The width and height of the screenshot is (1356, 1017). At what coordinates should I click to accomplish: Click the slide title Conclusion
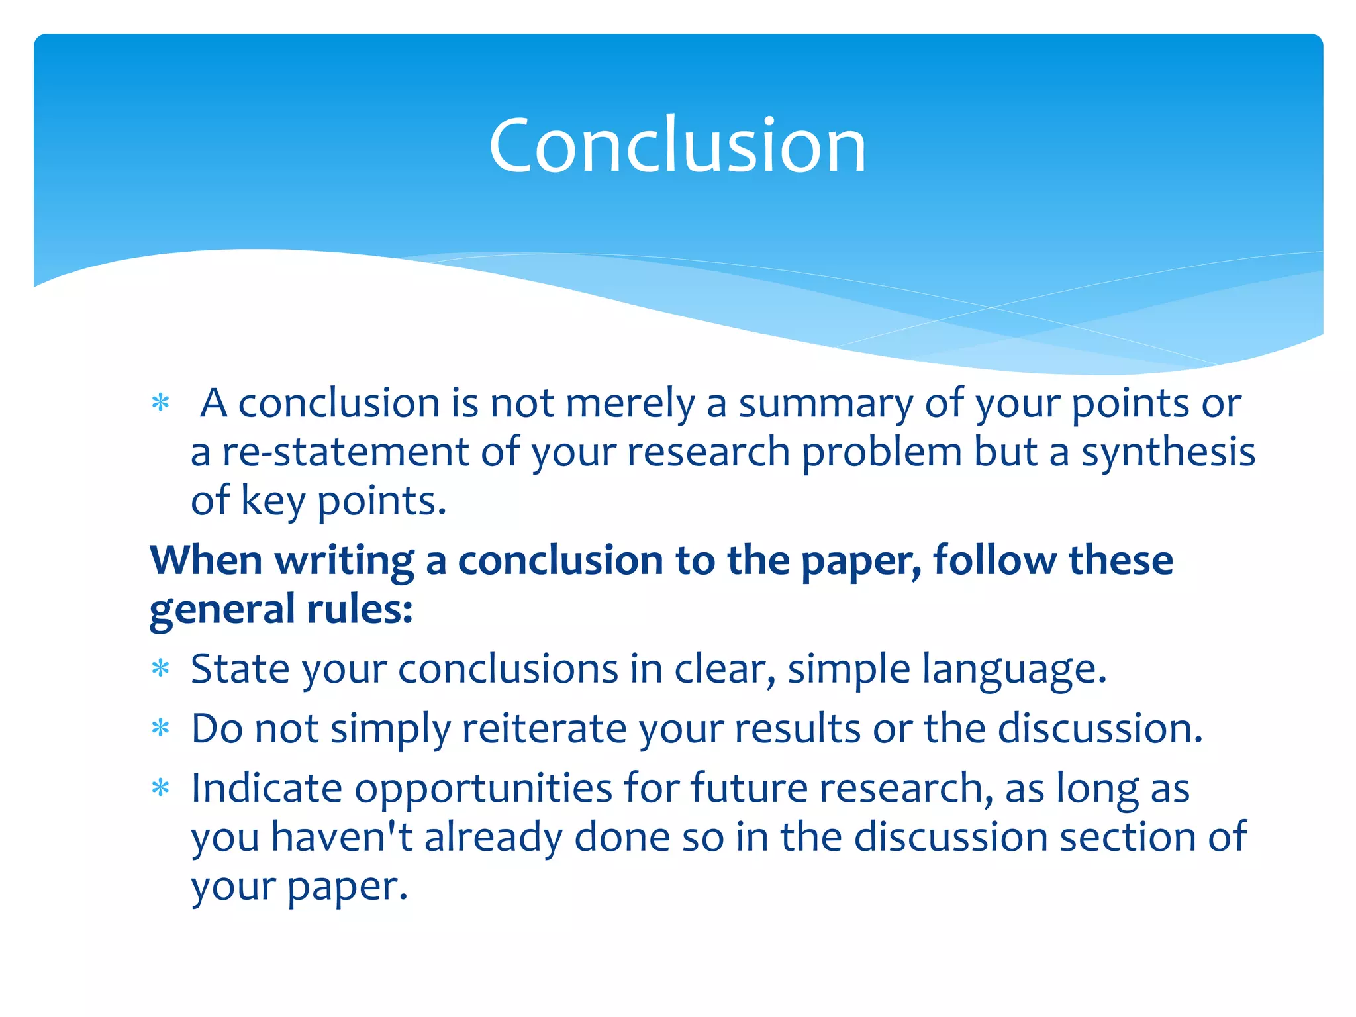677,145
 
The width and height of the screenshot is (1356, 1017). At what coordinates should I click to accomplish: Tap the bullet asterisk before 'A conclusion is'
161,403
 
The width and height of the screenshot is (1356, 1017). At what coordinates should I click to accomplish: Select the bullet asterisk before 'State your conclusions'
161,669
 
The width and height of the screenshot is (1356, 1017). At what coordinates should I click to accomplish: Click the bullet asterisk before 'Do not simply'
161,729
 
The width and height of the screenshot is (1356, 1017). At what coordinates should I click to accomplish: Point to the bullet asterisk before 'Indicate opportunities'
161,788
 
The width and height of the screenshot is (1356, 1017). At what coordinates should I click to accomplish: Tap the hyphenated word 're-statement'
345,452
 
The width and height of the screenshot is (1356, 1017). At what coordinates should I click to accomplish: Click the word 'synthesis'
1168,454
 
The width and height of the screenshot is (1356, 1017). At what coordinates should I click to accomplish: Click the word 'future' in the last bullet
749,788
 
